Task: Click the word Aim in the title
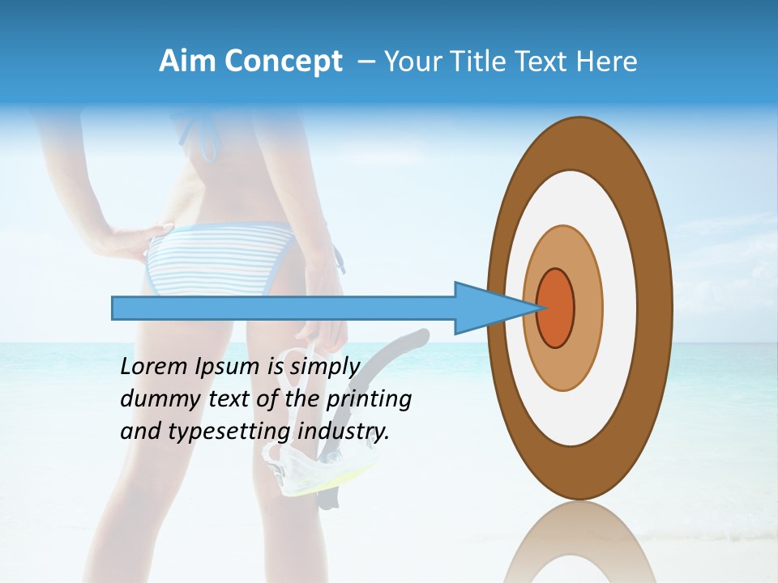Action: pyautogui.click(x=188, y=62)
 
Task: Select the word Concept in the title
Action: pyautogui.click(x=283, y=62)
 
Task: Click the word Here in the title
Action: pyautogui.click(x=607, y=62)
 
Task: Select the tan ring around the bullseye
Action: pyautogui.click(x=588, y=308)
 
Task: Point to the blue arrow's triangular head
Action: pyautogui.click(x=486, y=308)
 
